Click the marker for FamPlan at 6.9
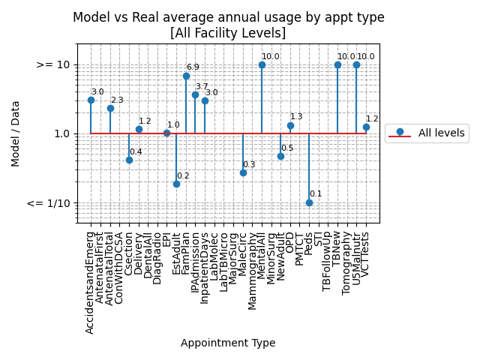click(186, 76)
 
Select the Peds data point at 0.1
click(309, 202)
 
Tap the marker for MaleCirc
click(243, 172)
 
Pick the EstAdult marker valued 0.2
click(176, 184)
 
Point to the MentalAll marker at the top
click(262, 64)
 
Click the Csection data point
click(129, 160)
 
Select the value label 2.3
click(117, 100)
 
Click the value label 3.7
click(202, 87)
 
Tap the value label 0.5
click(287, 148)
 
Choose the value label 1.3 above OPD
click(296, 117)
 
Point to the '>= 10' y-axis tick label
click(53, 65)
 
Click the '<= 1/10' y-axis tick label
click(48, 203)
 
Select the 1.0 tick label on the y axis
click(61, 134)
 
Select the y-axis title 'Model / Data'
click(16, 133)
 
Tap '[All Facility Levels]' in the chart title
click(228, 33)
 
